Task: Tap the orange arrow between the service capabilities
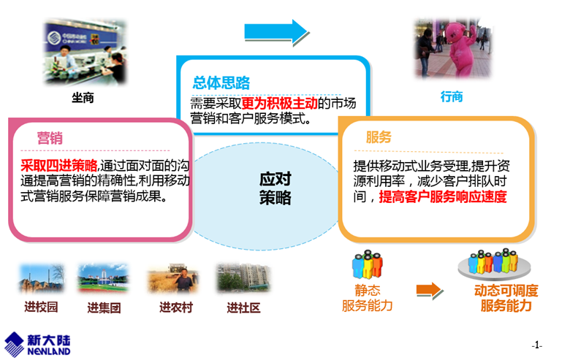pos(429,290)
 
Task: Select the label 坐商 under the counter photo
pos(83,97)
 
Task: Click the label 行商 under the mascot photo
pos(451,97)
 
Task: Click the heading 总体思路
pos(221,83)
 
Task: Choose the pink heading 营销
pos(50,138)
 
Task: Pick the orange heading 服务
pos(379,138)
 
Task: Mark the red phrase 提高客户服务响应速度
pos(442,196)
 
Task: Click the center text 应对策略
pos(275,188)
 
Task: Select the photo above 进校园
pos(41,279)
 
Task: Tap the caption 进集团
pos(103,308)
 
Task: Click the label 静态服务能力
pos(367,298)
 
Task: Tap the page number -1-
pos(537,345)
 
